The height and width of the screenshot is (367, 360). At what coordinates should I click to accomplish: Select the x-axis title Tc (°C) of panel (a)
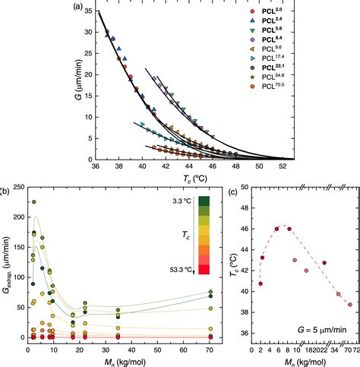coord(189,179)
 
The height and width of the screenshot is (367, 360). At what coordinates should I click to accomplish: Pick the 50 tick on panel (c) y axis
coord(244,186)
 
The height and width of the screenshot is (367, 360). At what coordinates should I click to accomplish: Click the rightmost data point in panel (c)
coord(350,305)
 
